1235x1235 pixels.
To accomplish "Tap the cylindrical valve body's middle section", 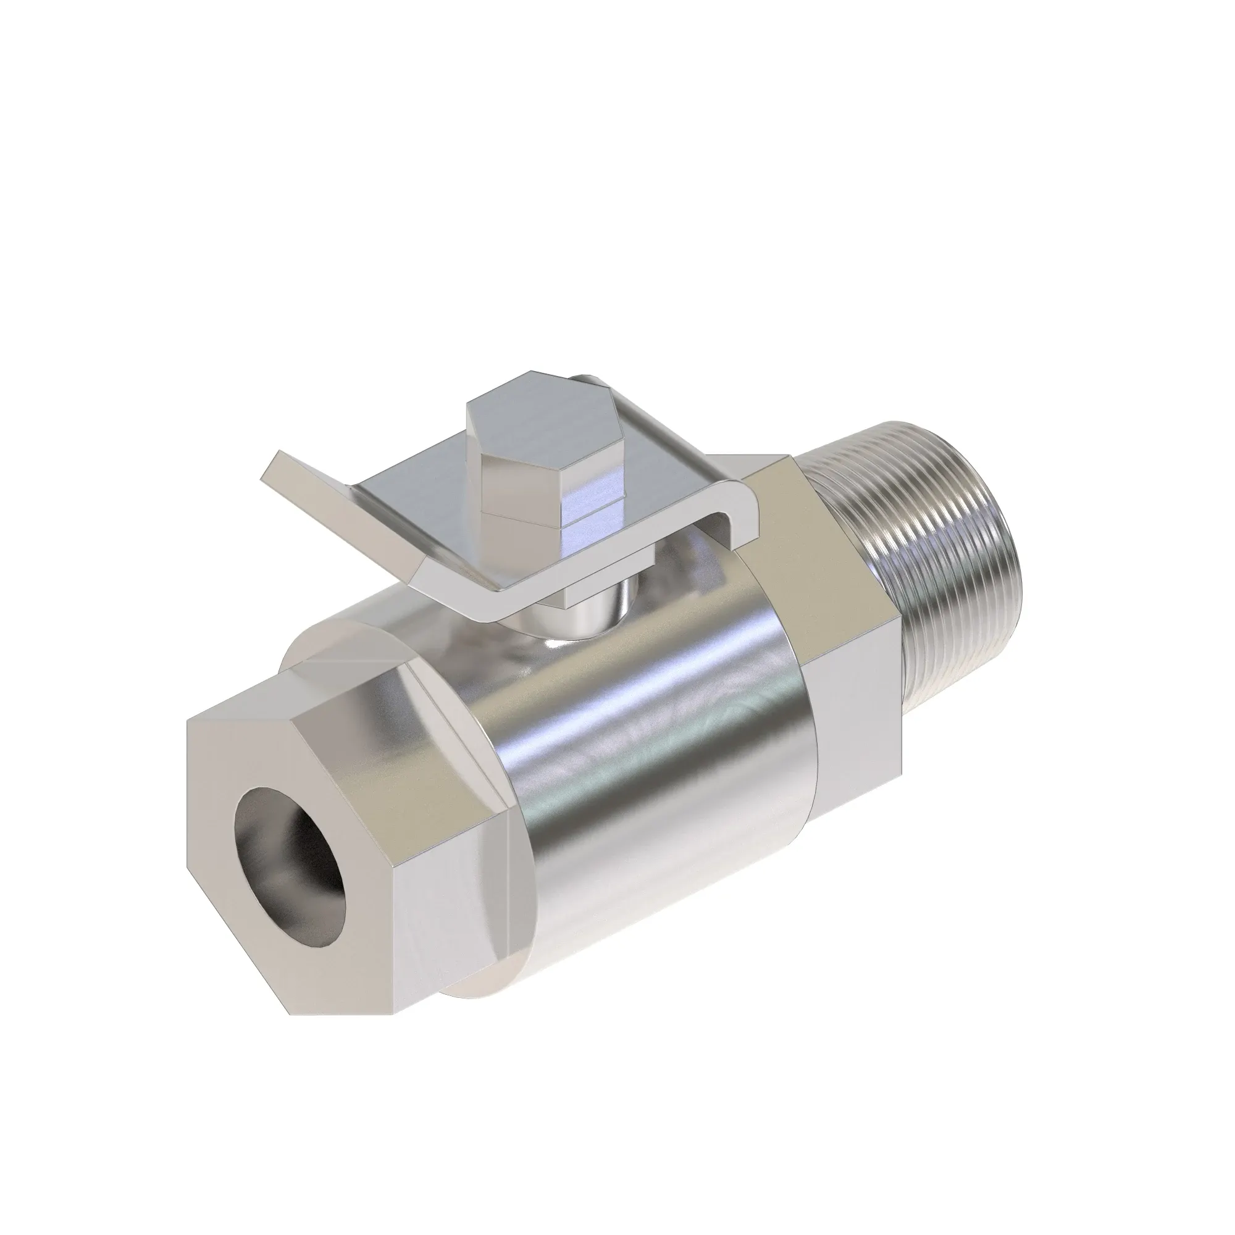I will [x=658, y=755].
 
